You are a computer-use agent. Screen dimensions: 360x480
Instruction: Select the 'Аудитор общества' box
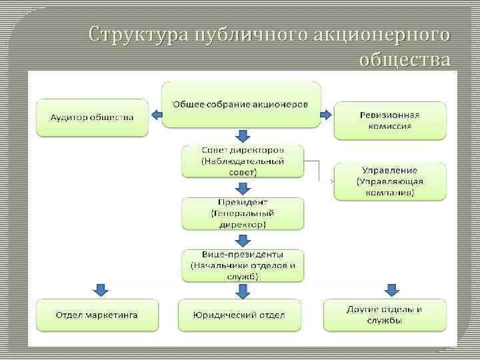pos(92,118)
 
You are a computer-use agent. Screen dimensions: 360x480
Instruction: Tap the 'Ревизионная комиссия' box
pos(390,120)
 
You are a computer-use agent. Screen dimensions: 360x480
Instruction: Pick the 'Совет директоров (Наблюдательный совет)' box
pos(243,161)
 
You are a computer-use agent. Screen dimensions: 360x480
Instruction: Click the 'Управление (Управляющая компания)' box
pos(390,181)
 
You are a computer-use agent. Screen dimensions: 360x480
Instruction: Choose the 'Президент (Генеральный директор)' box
pos(243,213)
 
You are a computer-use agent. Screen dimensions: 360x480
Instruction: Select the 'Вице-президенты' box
pos(243,265)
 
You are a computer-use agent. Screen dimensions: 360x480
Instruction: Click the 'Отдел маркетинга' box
pos(97,315)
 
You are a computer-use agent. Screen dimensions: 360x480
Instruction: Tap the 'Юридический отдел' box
pos(239,315)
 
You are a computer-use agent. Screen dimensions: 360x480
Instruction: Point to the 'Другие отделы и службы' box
pos(384,315)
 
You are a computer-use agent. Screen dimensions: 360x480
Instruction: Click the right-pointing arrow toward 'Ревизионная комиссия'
pos(326,115)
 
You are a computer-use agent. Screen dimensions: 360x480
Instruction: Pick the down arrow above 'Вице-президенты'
pos(243,240)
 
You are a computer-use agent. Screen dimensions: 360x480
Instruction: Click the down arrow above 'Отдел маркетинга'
pos(100,290)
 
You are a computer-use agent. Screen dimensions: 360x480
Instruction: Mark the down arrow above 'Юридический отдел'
pos(243,290)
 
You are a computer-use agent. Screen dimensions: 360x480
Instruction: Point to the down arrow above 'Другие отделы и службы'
pos(391,290)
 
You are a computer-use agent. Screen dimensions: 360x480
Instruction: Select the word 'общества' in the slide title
pos(404,59)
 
